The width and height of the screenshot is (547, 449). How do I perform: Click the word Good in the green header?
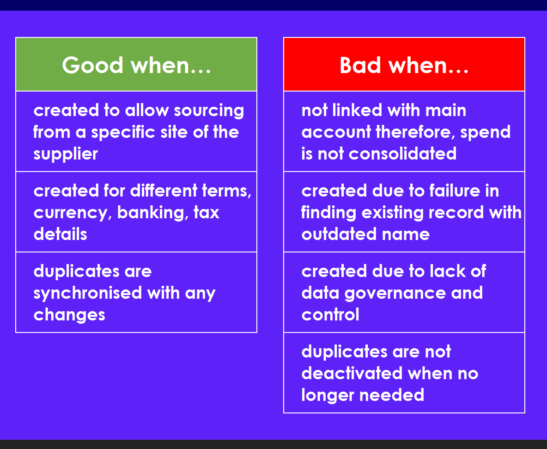click(92, 65)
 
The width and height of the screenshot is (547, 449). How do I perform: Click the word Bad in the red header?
click(360, 65)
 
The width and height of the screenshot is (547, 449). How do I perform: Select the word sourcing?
click(209, 111)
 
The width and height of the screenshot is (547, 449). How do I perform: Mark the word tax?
click(207, 212)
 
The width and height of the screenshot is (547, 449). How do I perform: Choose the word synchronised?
click(88, 293)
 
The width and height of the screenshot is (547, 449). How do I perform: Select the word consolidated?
click(402, 154)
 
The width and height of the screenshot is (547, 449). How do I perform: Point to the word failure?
click(455, 191)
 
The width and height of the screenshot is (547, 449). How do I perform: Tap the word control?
click(330, 314)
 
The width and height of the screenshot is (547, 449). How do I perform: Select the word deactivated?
click(352, 374)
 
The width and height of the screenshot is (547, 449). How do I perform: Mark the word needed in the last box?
click(392, 395)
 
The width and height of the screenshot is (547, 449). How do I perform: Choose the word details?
click(61, 234)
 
